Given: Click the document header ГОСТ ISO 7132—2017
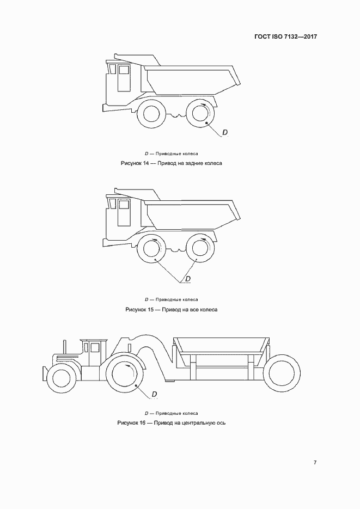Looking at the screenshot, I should [x=286, y=36].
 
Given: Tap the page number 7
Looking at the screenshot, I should [x=315, y=462].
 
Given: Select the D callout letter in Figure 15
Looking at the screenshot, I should [x=188, y=279].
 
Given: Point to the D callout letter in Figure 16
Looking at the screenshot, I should [x=155, y=394].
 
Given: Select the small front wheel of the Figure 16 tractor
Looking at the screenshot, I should [x=60, y=377].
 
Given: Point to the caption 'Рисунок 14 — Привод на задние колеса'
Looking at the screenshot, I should [x=172, y=163].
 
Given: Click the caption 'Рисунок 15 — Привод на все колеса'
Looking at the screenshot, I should [x=172, y=309].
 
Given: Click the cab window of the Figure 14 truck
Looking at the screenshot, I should [x=124, y=70].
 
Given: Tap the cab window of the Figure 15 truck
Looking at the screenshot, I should [x=124, y=205].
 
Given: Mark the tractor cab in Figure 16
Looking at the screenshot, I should [x=94, y=352].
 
